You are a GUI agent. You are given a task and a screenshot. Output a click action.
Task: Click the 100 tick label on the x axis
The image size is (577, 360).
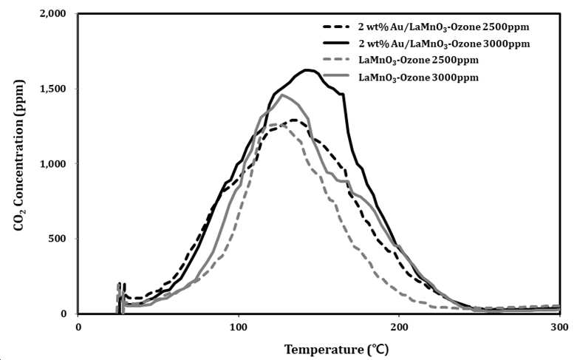point(239,327)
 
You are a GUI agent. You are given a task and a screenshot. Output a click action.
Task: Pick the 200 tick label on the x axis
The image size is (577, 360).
point(399,327)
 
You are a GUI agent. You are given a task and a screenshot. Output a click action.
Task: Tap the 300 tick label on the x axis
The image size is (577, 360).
point(560,327)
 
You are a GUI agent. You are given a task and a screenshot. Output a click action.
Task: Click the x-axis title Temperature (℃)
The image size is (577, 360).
point(336,349)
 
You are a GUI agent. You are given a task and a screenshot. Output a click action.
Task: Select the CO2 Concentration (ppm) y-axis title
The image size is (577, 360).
point(19,155)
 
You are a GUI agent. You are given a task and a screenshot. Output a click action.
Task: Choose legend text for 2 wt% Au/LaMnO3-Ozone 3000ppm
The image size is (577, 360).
point(444,44)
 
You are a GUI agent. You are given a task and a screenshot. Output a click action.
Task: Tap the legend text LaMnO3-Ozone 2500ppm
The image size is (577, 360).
point(418,61)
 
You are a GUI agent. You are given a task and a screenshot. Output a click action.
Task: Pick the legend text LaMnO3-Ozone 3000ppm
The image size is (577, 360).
point(418,78)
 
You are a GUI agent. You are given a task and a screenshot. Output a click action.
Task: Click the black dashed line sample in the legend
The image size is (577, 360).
point(336,27)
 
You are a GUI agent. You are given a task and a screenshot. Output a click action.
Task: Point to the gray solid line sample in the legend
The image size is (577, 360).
point(336,76)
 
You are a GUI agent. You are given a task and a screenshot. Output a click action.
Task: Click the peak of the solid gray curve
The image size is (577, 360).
point(282,95)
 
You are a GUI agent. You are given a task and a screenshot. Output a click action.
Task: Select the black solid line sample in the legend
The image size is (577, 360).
point(336,43)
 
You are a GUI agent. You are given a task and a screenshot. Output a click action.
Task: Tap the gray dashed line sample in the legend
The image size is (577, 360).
point(336,59)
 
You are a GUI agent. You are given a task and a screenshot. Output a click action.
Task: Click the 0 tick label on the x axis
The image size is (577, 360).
point(78,327)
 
